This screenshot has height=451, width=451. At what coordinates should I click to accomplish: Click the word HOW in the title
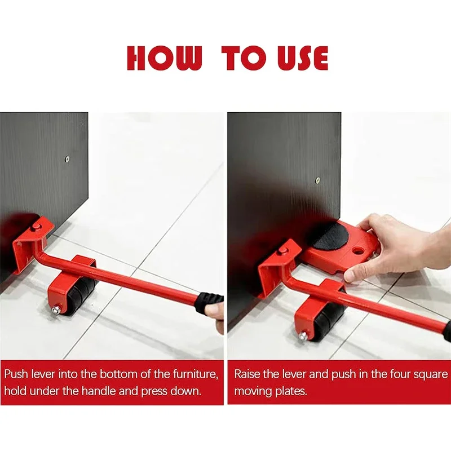pos(164,58)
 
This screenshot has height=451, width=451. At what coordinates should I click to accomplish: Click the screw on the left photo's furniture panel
pos(67,158)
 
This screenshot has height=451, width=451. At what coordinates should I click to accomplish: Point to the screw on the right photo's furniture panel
pos(318,180)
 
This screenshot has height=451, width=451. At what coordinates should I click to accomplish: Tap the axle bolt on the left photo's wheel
pos(55,311)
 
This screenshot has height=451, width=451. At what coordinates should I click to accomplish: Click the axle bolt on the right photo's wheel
pos(303,335)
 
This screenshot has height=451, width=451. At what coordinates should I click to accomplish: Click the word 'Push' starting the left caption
pos(16,374)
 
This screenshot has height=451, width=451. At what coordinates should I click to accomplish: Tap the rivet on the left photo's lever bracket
pos(36,227)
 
